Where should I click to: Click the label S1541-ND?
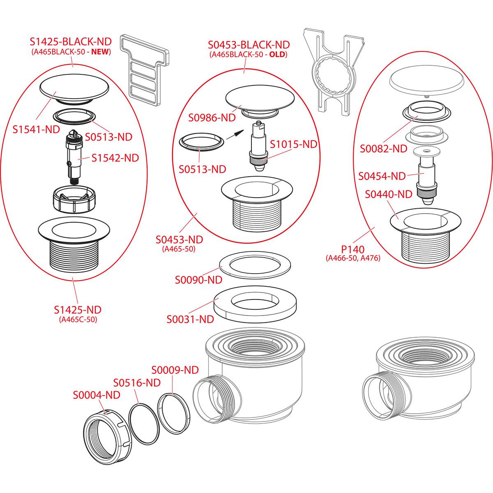pos(36,129)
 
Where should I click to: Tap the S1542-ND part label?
pos(115,158)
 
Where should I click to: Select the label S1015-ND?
pos(294,144)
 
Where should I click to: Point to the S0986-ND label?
pos(212,117)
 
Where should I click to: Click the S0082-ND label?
pos(383,148)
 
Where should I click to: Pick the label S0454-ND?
pos(382,176)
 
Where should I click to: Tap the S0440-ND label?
pos(388,194)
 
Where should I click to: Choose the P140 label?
pos(353,249)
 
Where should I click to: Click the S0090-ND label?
pos(198,280)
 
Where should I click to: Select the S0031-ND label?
pos(190,319)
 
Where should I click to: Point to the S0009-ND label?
pos(175,370)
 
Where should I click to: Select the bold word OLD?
pos(276,55)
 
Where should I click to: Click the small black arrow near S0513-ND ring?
pos(234,134)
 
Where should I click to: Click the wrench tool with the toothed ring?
pos(333,73)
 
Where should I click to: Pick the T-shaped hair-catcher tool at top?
pos(144,69)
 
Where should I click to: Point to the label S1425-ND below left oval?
pos(78,310)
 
